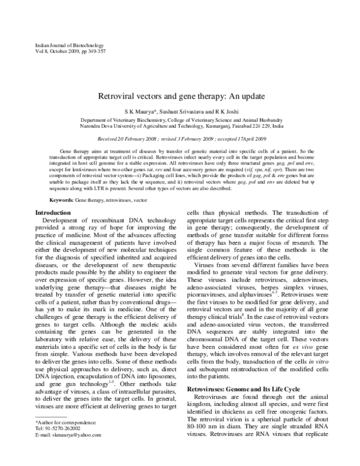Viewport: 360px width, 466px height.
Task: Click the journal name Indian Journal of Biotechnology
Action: point(62,46)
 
